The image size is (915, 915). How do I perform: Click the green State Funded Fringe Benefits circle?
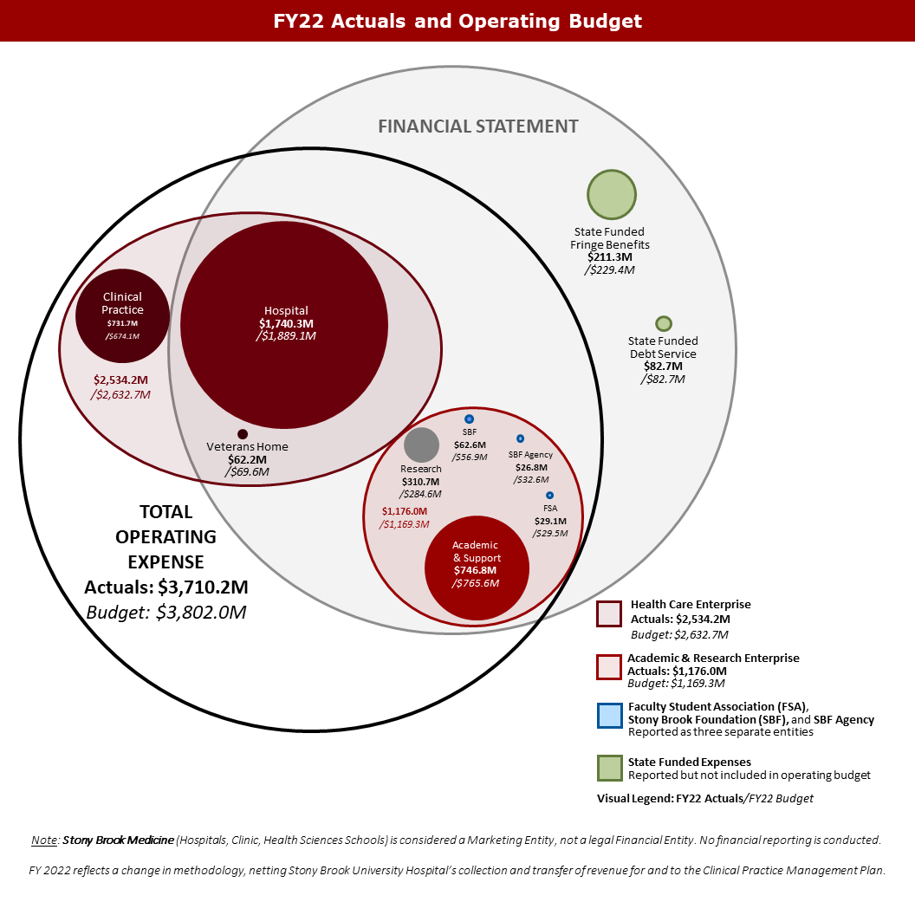pos(612,195)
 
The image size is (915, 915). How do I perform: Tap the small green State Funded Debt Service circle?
pos(664,323)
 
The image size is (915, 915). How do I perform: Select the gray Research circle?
pos(422,445)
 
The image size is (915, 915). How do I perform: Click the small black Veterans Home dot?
pos(243,434)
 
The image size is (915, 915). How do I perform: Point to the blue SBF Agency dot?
pos(520,439)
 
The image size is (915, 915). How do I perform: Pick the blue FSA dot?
pos(549,495)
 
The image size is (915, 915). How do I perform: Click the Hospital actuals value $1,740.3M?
pos(286,323)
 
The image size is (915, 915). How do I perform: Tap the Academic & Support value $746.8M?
pos(476,570)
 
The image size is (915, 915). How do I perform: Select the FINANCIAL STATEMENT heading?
pos(478,127)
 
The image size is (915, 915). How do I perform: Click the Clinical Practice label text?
pos(122,304)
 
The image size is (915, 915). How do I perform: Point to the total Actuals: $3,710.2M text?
pos(166,587)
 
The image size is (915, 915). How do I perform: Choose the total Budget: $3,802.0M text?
pos(166,613)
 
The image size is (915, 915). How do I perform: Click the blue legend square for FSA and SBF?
pos(609,717)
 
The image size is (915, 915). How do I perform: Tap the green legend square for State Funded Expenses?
pos(609,768)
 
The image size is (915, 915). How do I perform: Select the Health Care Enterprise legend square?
pos(609,613)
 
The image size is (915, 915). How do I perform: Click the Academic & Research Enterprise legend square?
pos(609,666)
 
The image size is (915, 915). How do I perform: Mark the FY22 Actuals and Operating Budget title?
pos(457,21)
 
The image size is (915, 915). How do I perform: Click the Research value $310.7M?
pos(421,482)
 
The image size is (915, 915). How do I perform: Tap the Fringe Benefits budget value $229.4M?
pos(611,269)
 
